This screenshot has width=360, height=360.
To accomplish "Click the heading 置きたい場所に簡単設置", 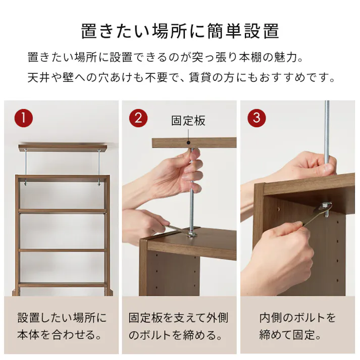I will point(180,31).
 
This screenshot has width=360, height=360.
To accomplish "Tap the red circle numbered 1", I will point(23,119).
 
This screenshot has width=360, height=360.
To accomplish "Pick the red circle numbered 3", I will point(256,119).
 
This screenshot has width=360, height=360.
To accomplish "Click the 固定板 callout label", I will point(188,121).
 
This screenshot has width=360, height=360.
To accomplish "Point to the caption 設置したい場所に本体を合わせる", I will point(62,326).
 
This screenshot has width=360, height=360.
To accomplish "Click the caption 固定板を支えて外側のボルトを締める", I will point(178,326).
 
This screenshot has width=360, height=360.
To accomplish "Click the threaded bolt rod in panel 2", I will point(193,202).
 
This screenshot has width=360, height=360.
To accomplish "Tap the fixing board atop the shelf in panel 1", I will point(63,147).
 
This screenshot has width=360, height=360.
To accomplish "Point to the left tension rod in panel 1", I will point(25,166).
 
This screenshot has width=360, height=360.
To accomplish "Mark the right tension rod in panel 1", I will point(99,166).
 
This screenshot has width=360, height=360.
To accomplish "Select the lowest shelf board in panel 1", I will point(63,285).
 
